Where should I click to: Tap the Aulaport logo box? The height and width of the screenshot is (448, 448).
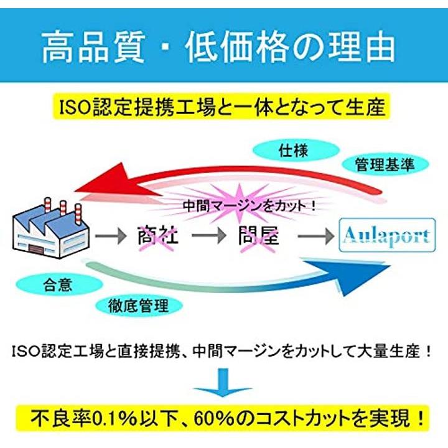386,236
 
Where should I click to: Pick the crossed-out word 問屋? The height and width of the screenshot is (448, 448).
257,236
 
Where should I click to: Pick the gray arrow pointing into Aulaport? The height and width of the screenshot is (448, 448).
315,237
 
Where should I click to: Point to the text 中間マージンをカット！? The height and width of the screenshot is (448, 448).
249,205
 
